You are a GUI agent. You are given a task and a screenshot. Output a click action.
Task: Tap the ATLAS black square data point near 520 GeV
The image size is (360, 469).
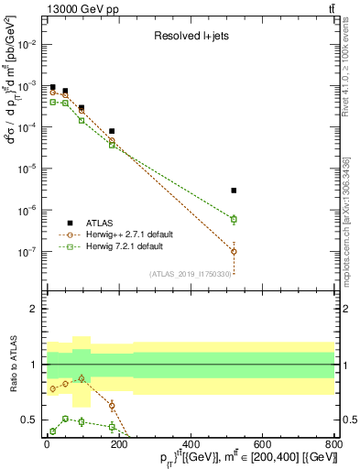point(235,191)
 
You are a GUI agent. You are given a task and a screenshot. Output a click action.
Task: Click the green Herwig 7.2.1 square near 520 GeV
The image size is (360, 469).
point(235,219)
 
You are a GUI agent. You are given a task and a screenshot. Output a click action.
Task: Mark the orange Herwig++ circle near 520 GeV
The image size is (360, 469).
point(235,251)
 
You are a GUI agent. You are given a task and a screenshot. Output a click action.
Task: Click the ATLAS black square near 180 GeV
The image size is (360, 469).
point(112,131)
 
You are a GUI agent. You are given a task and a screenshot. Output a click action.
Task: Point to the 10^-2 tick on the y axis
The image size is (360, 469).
point(44,44)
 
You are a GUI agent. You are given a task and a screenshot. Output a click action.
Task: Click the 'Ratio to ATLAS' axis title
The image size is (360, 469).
point(12,365)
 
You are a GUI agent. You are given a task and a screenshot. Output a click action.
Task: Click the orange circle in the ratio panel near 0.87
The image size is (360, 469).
point(82,378)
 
